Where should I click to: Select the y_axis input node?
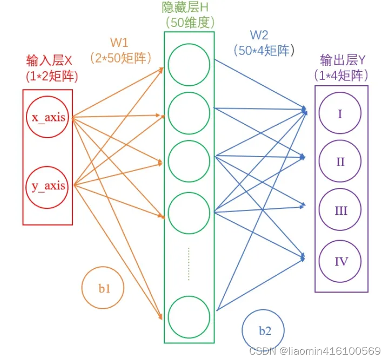(48, 186)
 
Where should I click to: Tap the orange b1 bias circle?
(103, 289)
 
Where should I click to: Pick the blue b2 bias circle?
(264, 331)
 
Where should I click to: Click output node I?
(340, 114)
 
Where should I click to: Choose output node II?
(340, 161)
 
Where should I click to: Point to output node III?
(340, 210)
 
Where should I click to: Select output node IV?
(340, 262)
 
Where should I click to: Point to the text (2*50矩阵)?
(120, 57)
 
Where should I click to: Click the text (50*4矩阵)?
(265, 51)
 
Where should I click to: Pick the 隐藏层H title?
(189, 8)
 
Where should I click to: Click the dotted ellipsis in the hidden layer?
(189, 263)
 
